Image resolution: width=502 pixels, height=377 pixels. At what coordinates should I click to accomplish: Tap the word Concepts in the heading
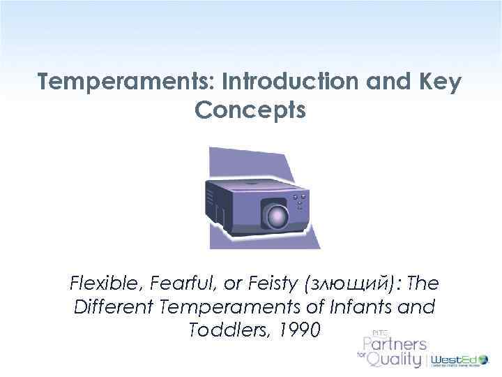pyautogui.click(x=250, y=110)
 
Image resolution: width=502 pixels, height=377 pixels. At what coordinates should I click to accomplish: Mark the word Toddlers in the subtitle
pyautogui.click(x=224, y=329)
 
